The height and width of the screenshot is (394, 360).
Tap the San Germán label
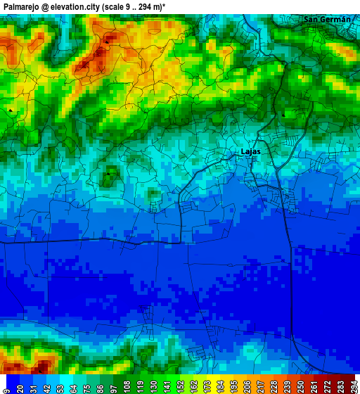click(x=326, y=19)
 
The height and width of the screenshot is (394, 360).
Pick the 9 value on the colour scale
click(x=6, y=386)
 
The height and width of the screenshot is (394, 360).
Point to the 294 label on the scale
click(x=353, y=386)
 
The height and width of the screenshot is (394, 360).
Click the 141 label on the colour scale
click(x=166, y=386)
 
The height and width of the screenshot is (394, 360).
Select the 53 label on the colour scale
click(x=59, y=386)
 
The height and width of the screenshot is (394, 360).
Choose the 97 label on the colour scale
click(x=112, y=386)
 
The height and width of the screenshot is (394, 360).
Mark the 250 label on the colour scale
click(x=300, y=386)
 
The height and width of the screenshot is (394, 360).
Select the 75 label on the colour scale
click(x=86, y=386)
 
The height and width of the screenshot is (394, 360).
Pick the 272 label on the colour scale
click(x=326, y=386)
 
